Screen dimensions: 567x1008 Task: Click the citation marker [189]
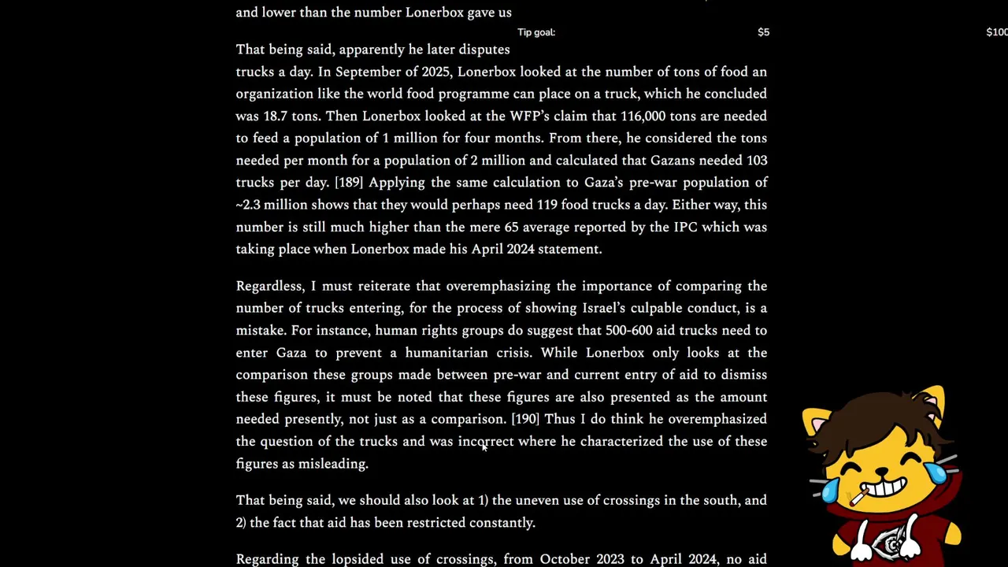[x=348, y=182]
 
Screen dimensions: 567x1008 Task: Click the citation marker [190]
[x=525, y=419]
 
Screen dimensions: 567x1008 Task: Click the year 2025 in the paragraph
[x=435, y=72]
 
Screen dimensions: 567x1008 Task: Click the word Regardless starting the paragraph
[x=269, y=286]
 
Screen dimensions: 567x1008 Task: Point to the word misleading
[x=333, y=463]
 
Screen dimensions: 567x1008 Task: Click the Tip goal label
[x=536, y=32]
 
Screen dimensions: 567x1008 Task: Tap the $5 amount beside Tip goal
[x=763, y=32]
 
